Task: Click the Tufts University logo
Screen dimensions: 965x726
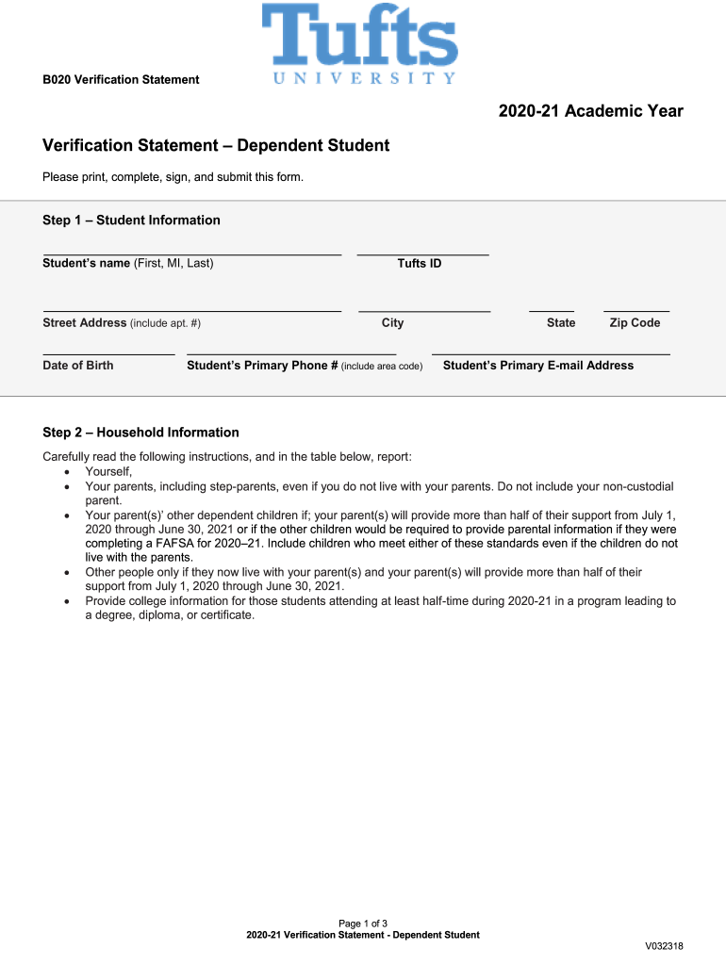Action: pos(359,44)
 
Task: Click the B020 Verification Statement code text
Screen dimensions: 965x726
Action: pos(121,80)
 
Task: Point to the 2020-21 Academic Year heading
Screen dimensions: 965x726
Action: pos(591,111)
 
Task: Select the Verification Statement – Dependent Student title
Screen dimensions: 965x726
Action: pos(216,146)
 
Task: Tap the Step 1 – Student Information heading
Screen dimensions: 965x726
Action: pos(131,221)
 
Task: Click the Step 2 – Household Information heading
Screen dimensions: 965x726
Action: pos(140,433)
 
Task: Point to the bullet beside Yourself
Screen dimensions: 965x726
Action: pos(67,472)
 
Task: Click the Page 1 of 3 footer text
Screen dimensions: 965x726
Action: pos(363,923)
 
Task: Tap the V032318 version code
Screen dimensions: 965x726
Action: pos(664,946)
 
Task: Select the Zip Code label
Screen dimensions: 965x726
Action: pos(635,323)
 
